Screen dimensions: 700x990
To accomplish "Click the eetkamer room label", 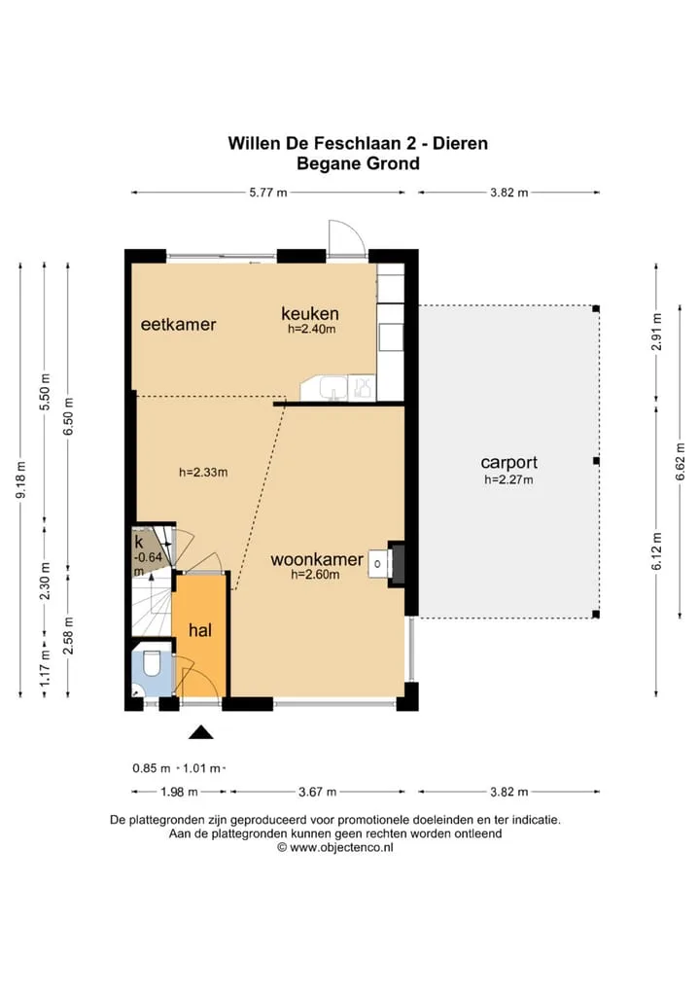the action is [178, 325].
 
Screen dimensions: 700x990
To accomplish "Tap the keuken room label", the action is [310, 313].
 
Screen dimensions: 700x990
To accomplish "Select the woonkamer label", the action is [317, 559].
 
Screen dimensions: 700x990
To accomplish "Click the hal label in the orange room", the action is [200, 630].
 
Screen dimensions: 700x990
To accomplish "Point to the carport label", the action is [508, 463].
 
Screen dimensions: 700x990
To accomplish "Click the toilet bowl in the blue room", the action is [152, 663].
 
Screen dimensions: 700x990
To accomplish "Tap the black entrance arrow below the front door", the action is [201, 731].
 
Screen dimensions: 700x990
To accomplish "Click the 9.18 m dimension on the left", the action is [20, 479].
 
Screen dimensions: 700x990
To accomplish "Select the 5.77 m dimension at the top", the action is [268, 193].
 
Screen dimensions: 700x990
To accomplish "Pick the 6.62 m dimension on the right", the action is [681, 462].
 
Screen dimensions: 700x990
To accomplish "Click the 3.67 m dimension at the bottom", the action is [318, 792].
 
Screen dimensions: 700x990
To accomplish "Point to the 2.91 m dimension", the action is [657, 332].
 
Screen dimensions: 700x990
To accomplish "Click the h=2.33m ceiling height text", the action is [203, 473].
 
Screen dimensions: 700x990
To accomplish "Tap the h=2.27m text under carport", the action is [508, 479].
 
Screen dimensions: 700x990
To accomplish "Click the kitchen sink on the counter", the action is [332, 388].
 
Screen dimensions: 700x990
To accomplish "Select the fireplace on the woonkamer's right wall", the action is [395, 564].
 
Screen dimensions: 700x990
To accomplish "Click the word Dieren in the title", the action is [460, 143].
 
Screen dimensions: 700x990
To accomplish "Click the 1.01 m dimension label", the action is [201, 769].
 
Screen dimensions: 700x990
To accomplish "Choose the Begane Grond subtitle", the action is [358, 164].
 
